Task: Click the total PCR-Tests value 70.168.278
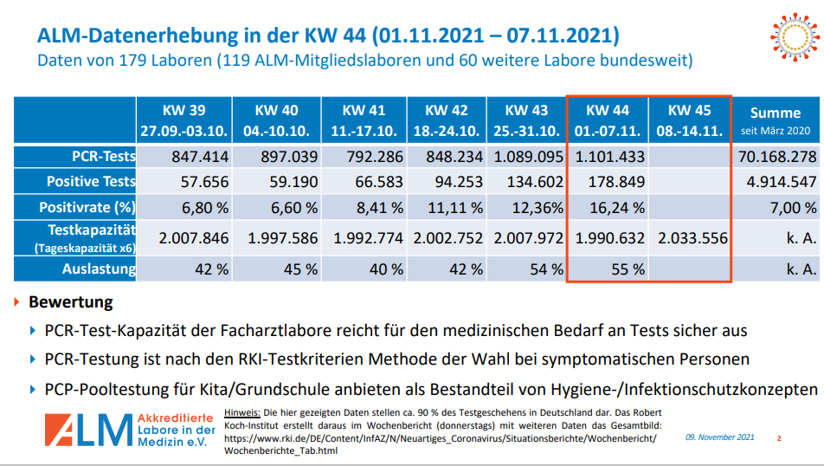tap(776, 157)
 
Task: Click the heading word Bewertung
tap(71, 303)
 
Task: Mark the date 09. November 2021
tap(720, 437)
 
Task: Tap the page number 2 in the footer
tap(778, 438)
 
